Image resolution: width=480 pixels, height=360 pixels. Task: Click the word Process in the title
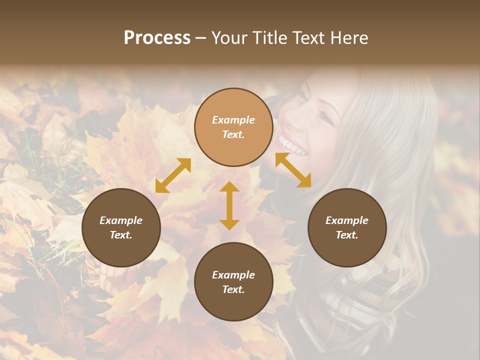point(157,38)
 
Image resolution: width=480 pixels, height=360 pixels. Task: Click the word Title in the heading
point(270,38)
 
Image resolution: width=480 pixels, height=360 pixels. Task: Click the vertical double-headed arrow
point(229,205)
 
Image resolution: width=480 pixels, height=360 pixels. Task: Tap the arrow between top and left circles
point(173,175)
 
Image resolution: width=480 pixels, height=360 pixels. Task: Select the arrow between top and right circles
point(293,170)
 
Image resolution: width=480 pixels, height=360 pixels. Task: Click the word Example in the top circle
point(233,120)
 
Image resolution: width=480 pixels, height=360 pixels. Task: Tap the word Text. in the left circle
point(121,235)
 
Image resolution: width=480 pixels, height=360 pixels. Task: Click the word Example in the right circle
point(347,220)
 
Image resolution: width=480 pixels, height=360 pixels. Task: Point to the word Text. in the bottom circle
point(233,289)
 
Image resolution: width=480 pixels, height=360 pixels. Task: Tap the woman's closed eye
point(325,117)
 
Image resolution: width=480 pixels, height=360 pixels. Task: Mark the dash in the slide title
point(201,38)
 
